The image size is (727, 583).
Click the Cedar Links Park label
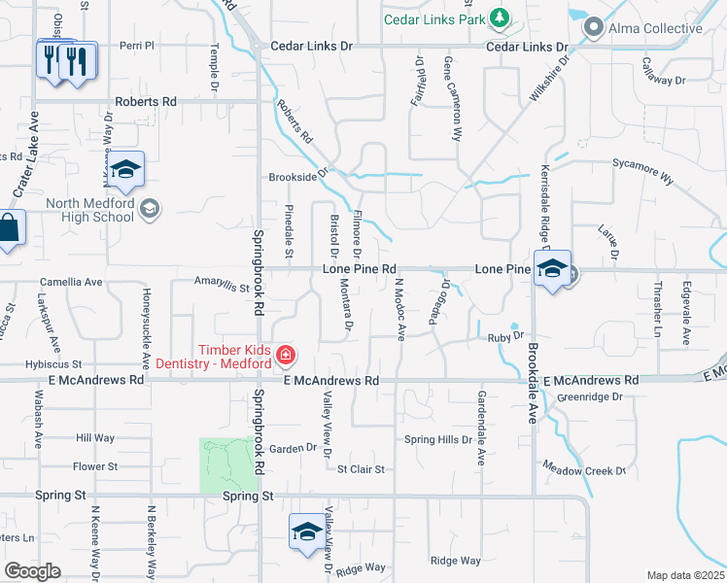pos(433,19)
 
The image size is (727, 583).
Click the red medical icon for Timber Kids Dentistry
pos(286,355)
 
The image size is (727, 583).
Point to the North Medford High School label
pos(90,210)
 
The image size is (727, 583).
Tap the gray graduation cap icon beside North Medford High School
pos(151,207)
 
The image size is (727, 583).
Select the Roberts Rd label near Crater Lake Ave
pos(146,101)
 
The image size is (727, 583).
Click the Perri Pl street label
pos(137,46)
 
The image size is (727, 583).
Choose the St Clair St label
pos(361,469)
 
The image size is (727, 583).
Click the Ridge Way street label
pos(456,561)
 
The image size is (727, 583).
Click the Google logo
pos(32,571)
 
